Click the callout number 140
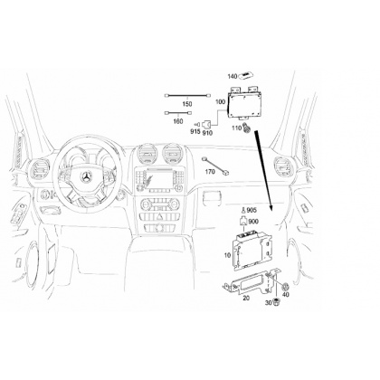[x=233, y=77]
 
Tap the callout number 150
[x=187, y=104]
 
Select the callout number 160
[x=178, y=121]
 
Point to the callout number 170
[x=210, y=172]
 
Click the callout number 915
[x=195, y=131]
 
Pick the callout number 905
[x=252, y=210]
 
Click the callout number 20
[x=246, y=298]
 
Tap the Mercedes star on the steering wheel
[x=87, y=177]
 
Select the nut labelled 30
[x=275, y=301]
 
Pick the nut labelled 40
[x=286, y=286]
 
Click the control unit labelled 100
[x=244, y=103]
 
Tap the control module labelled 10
[x=252, y=250]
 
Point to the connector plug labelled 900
[x=243, y=221]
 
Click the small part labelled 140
[x=247, y=76]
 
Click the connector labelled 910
[x=207, y=124]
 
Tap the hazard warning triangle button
[x=160, y=216]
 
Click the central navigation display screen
[x=160, y=179]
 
